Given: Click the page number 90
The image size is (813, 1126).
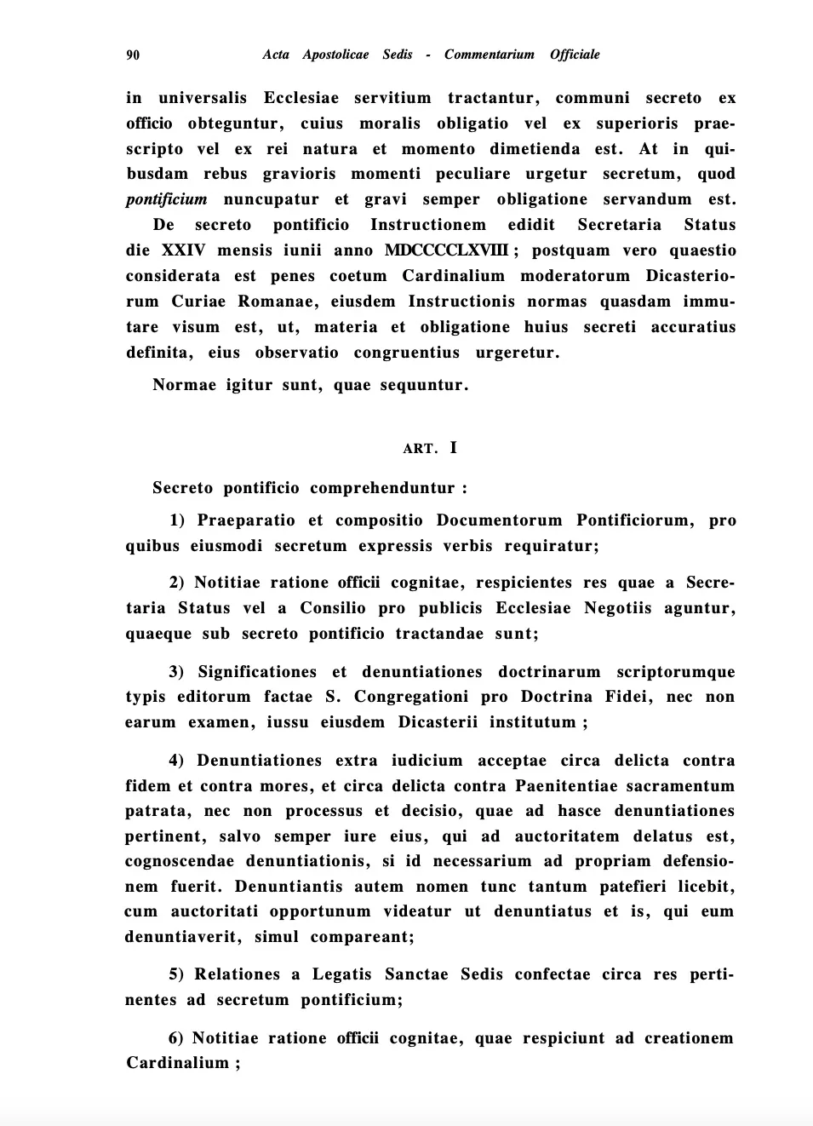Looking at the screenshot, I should tap(133, 55).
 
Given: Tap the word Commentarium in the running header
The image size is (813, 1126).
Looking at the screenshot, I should tap(489, 55).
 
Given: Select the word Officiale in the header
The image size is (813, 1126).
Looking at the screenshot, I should tap(575, 55).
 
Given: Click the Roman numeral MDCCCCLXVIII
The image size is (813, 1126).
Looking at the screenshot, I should tap(446, 250).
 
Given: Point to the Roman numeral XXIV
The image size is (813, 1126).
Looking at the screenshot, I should tap(183, 250).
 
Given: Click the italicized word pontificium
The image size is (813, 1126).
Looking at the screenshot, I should tap(167, 199).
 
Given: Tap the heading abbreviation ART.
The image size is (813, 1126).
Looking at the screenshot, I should tap(420, 449).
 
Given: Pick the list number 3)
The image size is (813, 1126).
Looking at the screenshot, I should tap(177, 672).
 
